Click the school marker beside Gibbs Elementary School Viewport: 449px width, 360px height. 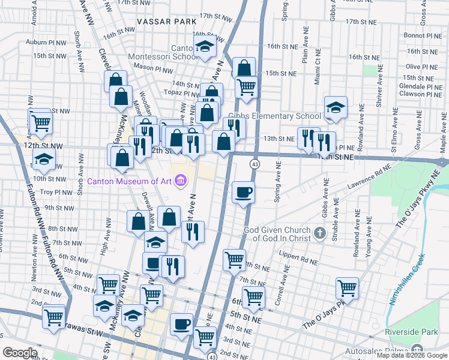pyautogui.click(x=335, y=108)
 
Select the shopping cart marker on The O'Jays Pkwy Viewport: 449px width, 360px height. pyautogui.click(x=347, y=288)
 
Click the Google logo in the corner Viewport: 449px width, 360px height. pyautogui.click(x=20, y=352)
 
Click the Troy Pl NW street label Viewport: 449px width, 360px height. pyautogui.click(x=56, y=192)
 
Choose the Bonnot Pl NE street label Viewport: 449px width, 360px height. pyautogui.click(x=423, y=36)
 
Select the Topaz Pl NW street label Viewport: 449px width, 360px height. pyautogui.click(x=183, y=94)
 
